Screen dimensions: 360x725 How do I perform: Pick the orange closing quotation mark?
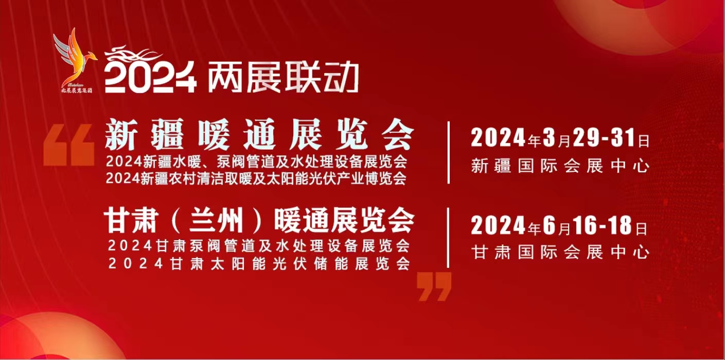(x=434, y=286)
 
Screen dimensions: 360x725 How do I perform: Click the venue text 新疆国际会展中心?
(x=560, y=166)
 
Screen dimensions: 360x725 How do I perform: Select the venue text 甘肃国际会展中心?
(x=560, y=252)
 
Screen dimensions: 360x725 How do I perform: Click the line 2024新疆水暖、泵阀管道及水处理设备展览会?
(x=256, y=161)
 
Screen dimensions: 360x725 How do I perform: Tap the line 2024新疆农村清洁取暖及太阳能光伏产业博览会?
(x=256, y=178)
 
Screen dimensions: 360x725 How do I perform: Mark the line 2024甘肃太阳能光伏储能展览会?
(x=259, y=263)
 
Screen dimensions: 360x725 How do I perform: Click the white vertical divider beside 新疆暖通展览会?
(x=449, y=152)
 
